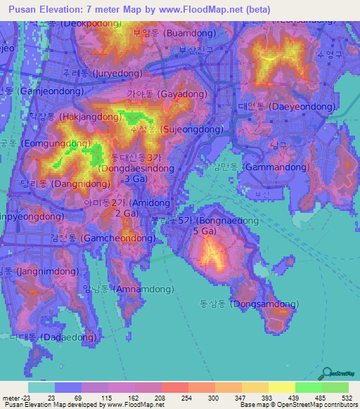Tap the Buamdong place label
(165, 32)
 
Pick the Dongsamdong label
(249, 304)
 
